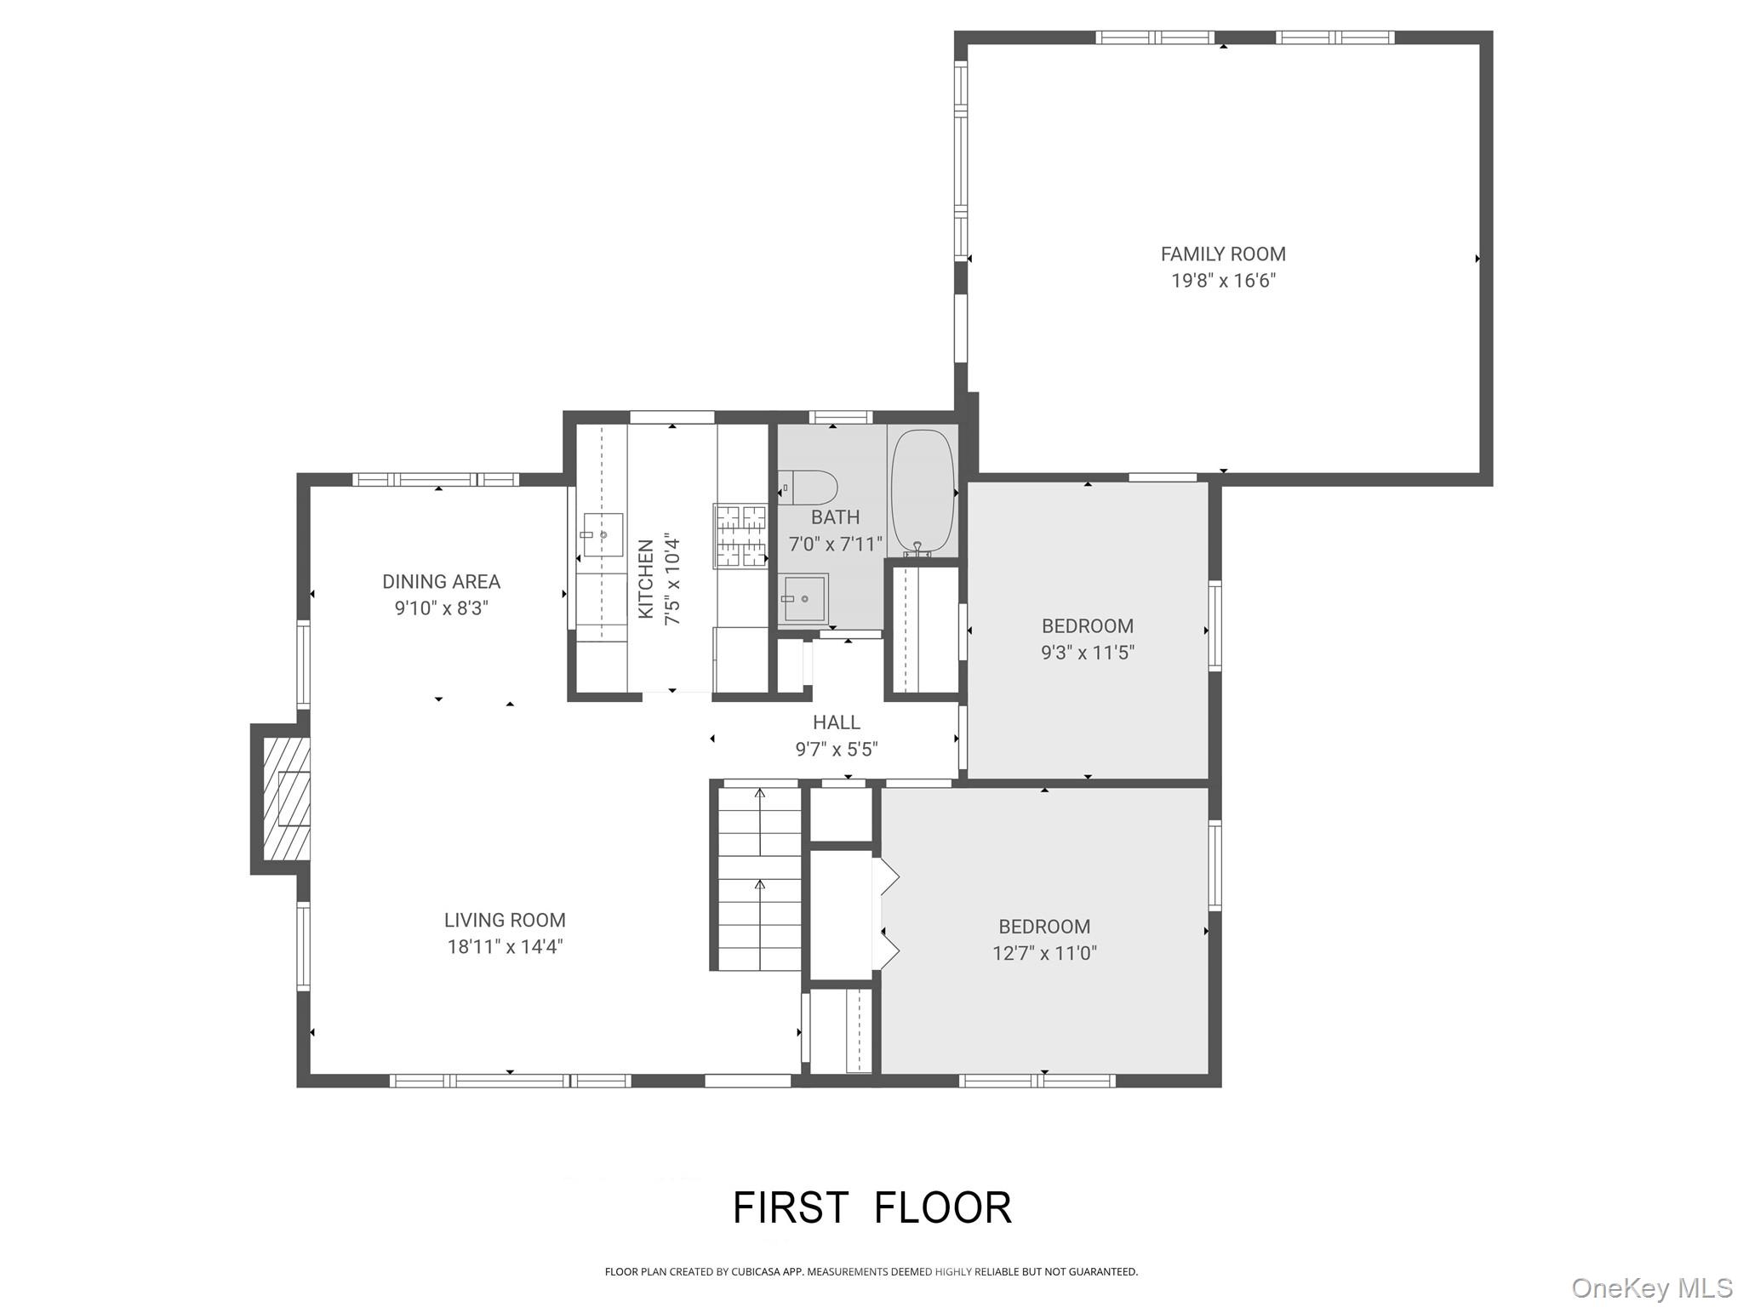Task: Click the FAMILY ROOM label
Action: click(1223, 254)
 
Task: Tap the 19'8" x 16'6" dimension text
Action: click(1223, 281)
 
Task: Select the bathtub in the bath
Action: click(922, 490)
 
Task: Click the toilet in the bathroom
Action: click(808, 488)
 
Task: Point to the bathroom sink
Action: click(803, 598)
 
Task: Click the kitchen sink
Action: click(603, 534)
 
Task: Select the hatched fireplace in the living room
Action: click(285, 798)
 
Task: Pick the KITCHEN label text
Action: click(646, 579)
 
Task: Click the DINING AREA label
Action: click(441, 582)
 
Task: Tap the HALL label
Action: click(836, 722)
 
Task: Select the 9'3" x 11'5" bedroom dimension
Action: click(1087, 653)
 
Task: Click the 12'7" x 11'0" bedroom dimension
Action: click(1044, 953)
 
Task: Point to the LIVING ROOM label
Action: click(505, 920)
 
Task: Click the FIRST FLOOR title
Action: click(872, 1207)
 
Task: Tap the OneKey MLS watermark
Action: click(1651, 1287)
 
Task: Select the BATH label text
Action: click(835, 517)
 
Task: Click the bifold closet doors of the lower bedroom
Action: click(885, 914)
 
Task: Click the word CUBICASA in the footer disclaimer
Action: click(755, 1272)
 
